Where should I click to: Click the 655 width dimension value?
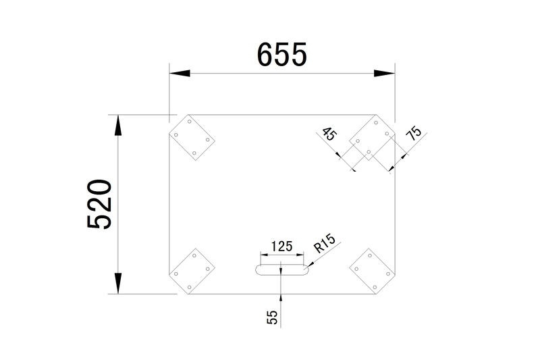tap(281, 55)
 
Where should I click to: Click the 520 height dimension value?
tap(99, 204)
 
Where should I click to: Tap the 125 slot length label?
tap(281, 247)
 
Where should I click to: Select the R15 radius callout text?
tap(324, 243)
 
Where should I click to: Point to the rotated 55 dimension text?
tap(272, 317)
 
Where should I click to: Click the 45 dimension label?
tap(329, 134)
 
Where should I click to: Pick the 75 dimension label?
tap(414, 133)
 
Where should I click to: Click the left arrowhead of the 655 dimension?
tap(180, 74)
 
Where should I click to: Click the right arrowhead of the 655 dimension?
tap(384, 74)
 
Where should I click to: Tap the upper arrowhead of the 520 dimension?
tap(118, 126)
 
